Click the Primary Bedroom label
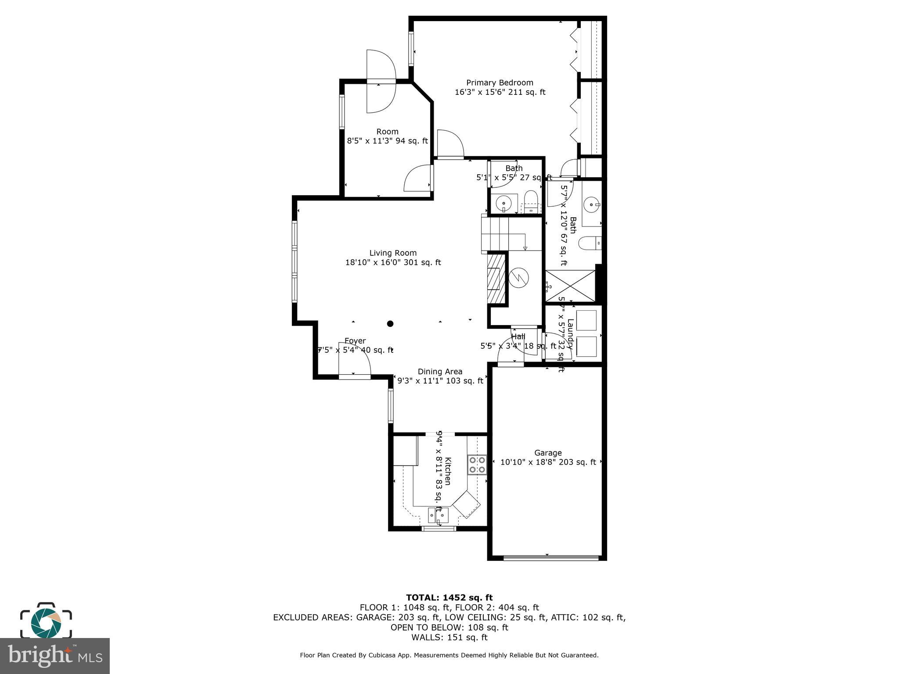click(500, 83)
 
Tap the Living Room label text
click(393, 253)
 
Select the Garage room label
click(548, 453)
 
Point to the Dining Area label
click(440, 372)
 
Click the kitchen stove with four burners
click(477, 465)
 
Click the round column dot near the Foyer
click(390, 324)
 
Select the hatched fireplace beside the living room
click(496, 278)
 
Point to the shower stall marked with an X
click(570, 286)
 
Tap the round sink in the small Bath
click(503, 204)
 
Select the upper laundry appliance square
click(586, 320)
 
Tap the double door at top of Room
click(381, 81)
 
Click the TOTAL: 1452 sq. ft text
click(449, 598)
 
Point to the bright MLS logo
click(55, 656)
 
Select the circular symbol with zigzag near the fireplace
click(519, 277)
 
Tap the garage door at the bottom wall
click(550, 558)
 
